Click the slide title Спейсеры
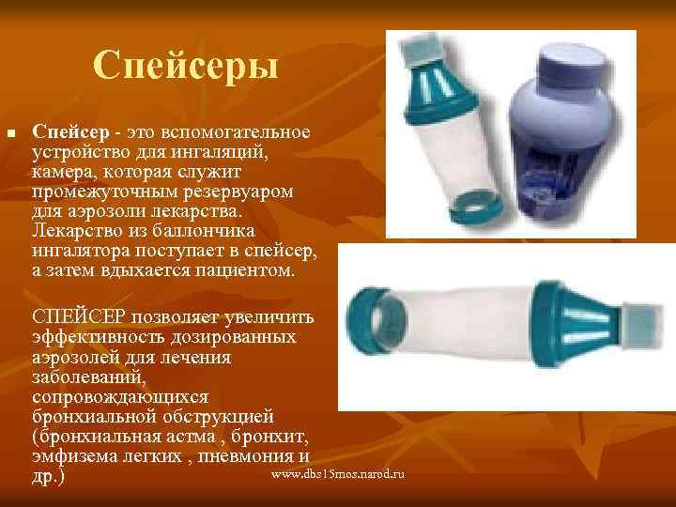186,66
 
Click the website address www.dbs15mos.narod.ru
336,477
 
